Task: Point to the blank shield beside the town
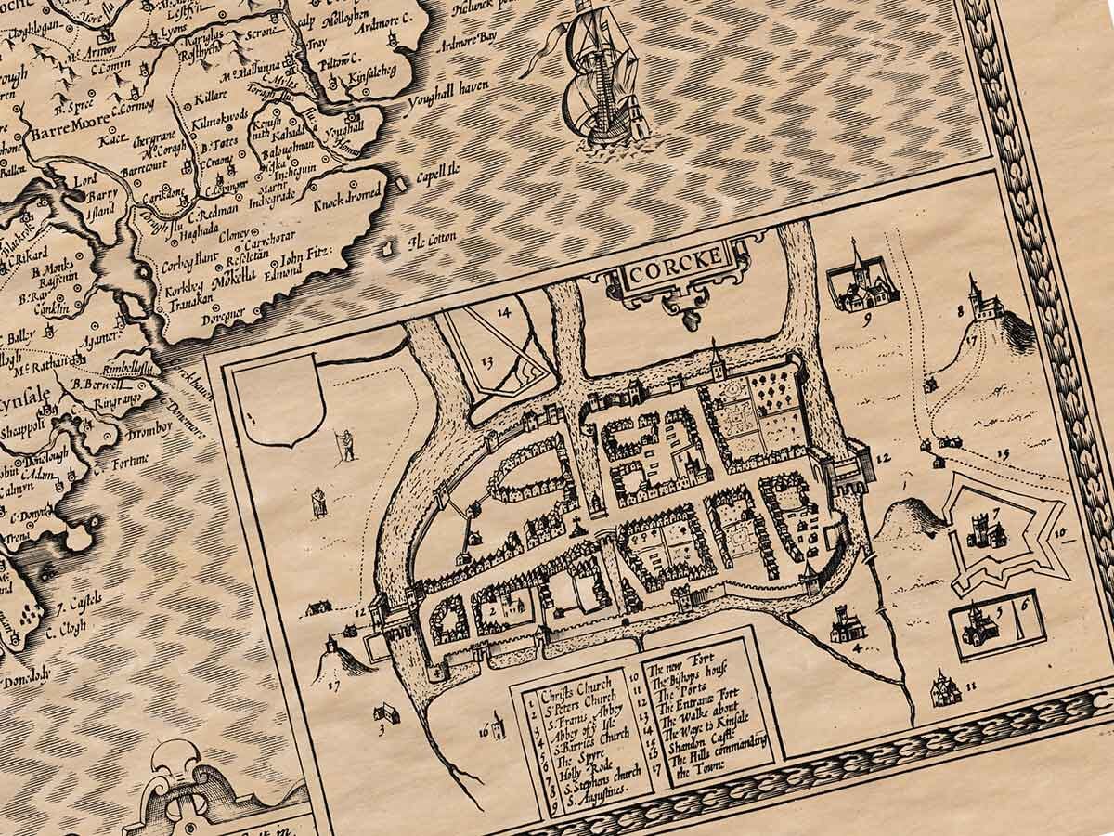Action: click(284, 405)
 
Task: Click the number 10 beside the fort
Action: click(1060, 532)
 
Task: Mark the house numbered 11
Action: click(941, 687)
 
